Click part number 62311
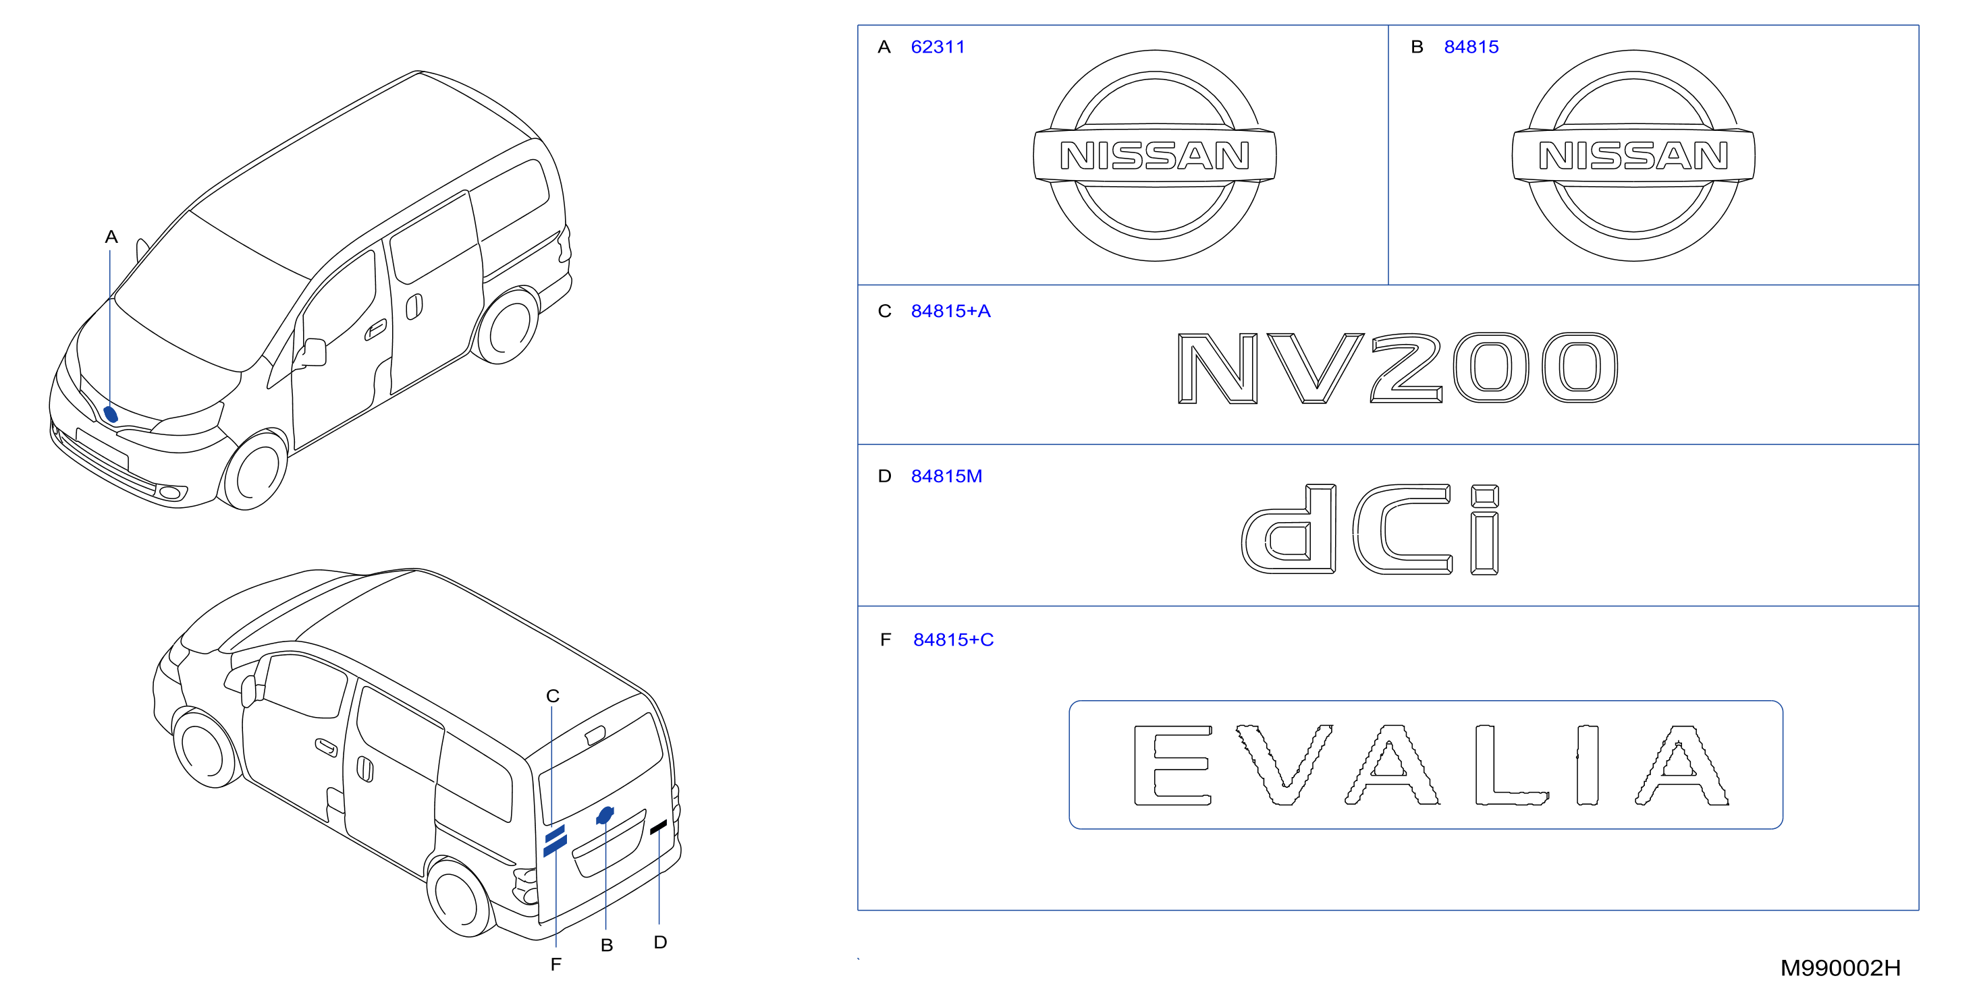click(x=937, y=47)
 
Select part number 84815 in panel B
click(x=1471, y=47)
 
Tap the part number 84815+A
click(x=950, y=311)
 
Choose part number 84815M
click(x=946, y=476)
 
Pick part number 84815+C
click(x=952, y=639)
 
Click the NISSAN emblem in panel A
click(x=1154, y=156)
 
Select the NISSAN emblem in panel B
click(x=1633, y=156)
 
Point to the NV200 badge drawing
click(x=1398, y=368)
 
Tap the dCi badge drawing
click(x=1370, y=530)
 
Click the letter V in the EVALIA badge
click(x=1283, y=765)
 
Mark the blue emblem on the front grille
click(x=111, y=414)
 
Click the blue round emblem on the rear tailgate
click(x=605, y=816)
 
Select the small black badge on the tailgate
click(x=659, y=828)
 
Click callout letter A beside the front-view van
click(x=111, y=237)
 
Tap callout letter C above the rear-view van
click(x=553, y=695)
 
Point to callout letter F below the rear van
click(x=556, y=964)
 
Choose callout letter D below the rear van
click(x=660, y=942)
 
